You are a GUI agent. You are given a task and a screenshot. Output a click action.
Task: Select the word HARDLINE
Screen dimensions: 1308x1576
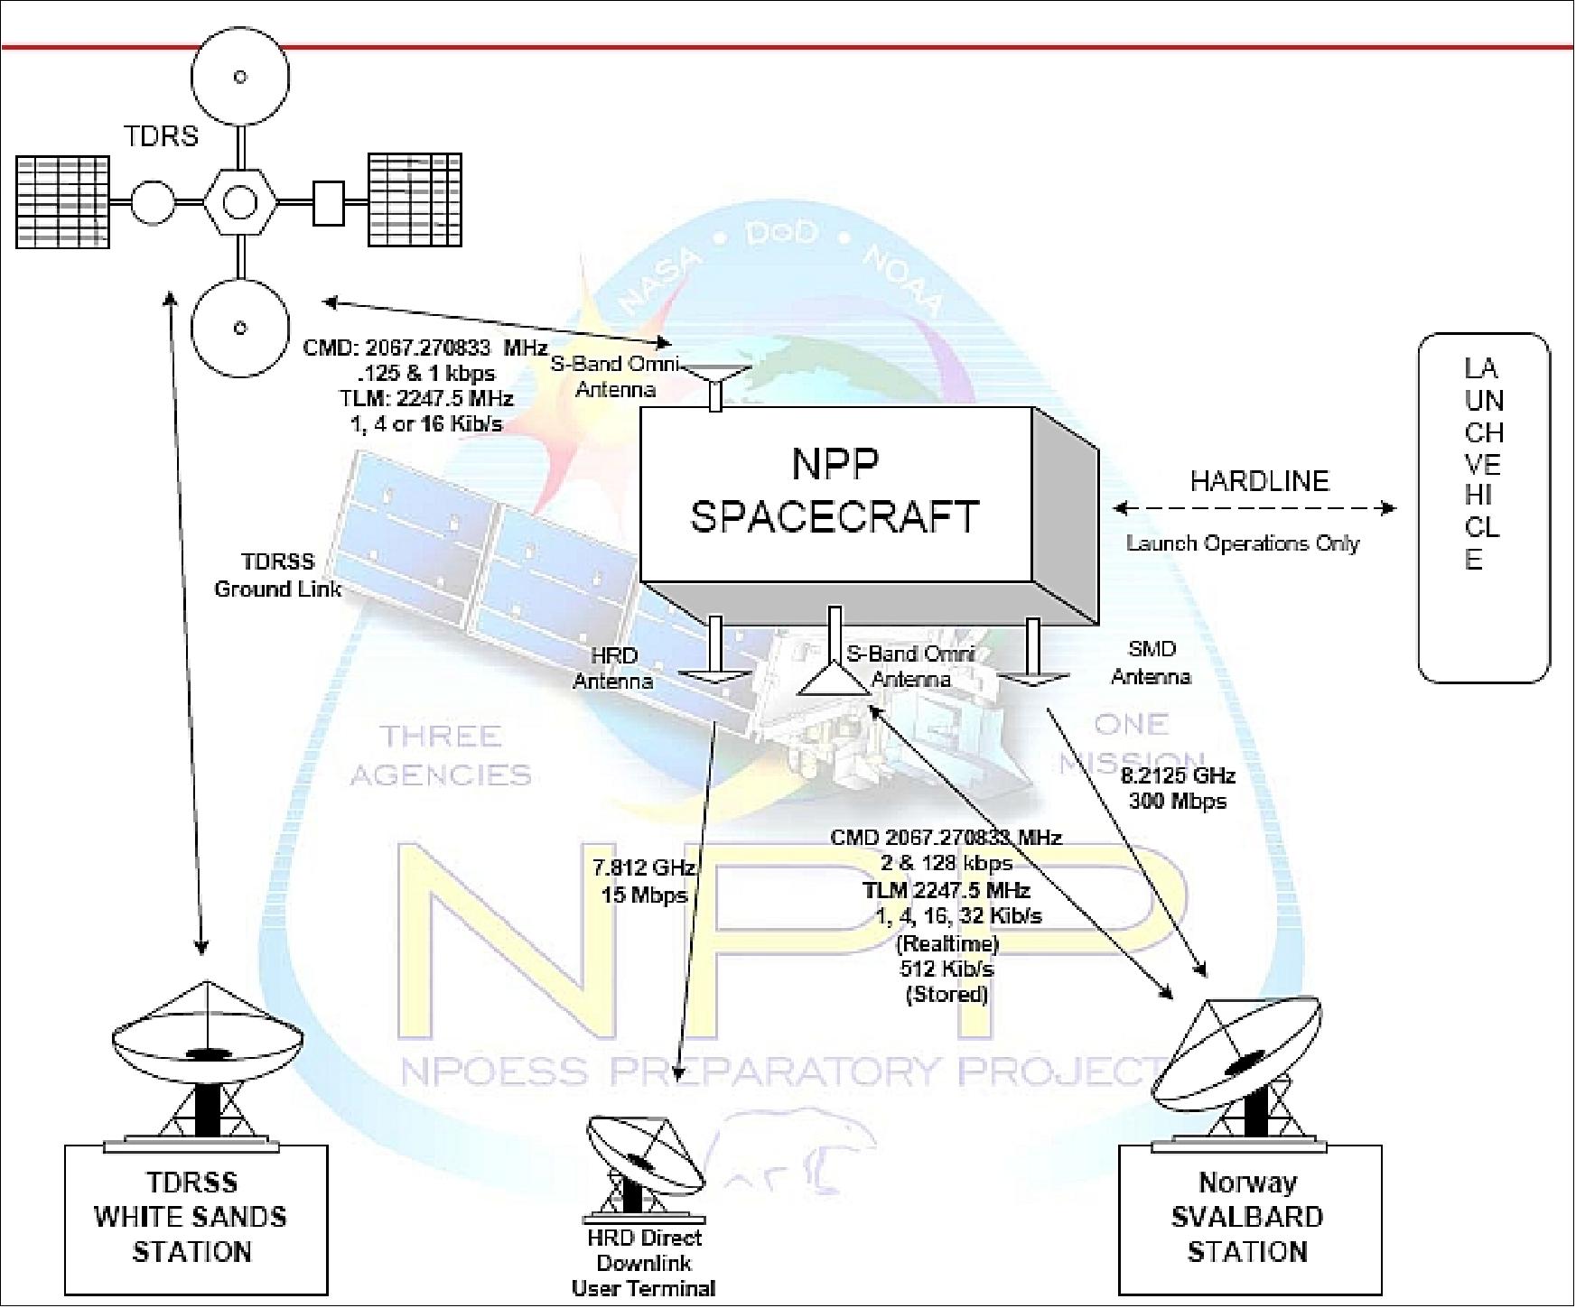click(x=1259, y=480)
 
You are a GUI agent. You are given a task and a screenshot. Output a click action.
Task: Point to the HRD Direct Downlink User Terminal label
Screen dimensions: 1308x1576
click(x=643, y=1263)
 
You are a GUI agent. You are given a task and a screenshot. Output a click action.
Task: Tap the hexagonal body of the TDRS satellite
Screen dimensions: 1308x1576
click(x=239, y=202)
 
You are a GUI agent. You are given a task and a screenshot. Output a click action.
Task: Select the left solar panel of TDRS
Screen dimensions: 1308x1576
click(x=62, y=202)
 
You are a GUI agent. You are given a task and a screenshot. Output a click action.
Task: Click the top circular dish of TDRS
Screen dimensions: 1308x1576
click(x=239, y=77)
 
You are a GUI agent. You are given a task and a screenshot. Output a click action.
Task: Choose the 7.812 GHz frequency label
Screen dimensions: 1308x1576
click(x=644, y=868)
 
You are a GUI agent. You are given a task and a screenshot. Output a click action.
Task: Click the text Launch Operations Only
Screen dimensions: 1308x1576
click(x=1243, y=543)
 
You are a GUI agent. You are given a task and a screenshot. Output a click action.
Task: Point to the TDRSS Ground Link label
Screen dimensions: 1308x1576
click(x=277, y=575)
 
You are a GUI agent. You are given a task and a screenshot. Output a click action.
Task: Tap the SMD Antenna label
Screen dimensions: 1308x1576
click(x=1152, y=663)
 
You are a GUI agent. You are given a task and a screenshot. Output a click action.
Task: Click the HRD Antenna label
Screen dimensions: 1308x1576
click(x=613, y=669)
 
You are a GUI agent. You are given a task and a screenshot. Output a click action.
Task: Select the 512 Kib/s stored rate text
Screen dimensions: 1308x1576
click(x=947, y=969)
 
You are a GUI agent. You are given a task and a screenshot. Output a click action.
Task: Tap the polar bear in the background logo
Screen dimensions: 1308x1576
click(x=795, y=1155)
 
